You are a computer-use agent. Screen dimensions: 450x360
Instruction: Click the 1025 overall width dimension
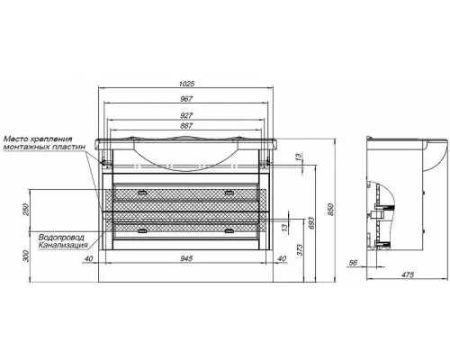coord(186,84)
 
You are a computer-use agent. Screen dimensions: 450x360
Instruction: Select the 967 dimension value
coord(186,99)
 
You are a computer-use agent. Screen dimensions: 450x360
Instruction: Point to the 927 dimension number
coord(186,115)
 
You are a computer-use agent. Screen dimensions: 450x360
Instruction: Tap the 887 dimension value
coord(186,125)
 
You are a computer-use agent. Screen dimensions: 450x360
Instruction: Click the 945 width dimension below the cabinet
coord(186,258)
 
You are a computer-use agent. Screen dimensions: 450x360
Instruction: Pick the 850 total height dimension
coord(330,210)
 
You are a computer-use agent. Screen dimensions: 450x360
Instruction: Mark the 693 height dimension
coord(310,223)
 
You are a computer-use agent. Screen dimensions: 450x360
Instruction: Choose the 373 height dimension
coord(300,249)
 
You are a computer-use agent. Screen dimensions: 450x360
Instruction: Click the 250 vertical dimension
coord(26,210)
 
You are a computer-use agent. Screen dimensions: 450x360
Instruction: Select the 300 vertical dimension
coord(26,256)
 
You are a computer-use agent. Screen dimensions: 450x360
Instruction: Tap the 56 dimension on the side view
coord(353,263)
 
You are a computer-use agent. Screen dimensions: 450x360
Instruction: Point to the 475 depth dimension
coord(408,274)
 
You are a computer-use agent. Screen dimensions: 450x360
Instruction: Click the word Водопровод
coord(61,237)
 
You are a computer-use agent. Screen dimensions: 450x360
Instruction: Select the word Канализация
coord(63,245)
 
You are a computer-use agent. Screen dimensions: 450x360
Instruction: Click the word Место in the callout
coord(15,139)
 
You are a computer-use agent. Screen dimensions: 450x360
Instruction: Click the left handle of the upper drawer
coord(141,193)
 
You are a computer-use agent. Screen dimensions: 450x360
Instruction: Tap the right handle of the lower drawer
coord(229,230)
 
